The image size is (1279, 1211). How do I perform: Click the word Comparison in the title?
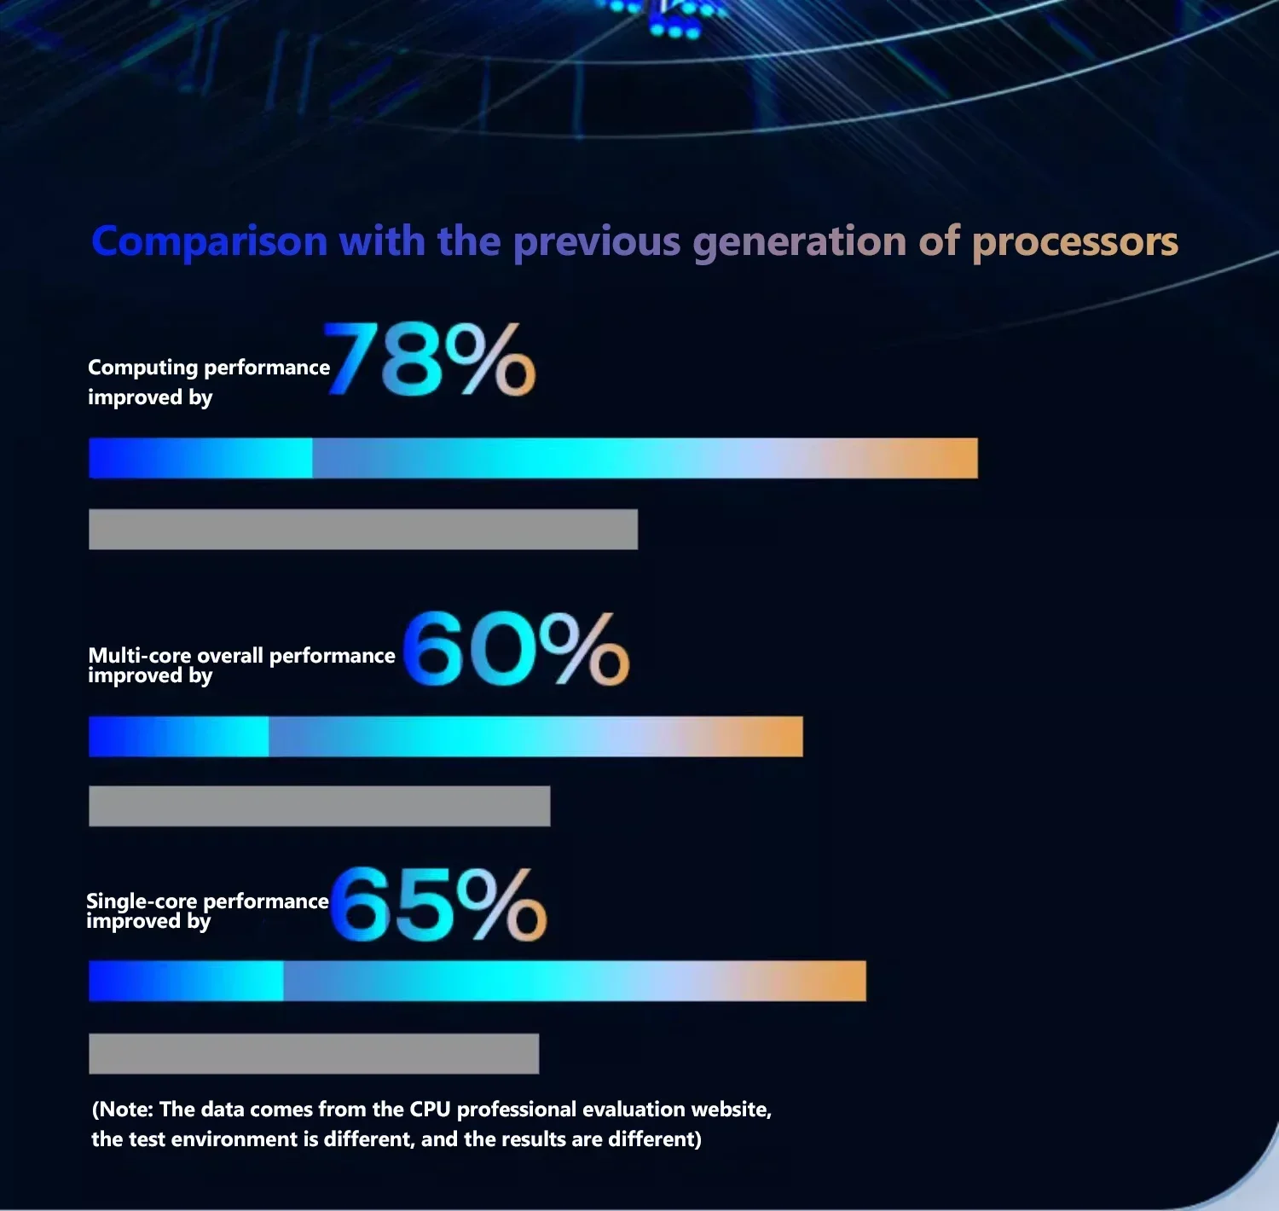tap(209, 242)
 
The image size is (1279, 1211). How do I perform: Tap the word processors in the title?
tap(1074, 242)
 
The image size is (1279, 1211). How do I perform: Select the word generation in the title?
tap(799, 242)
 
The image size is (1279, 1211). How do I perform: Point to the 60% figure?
tap(515, 650)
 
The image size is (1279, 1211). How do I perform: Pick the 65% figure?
tap(437, 906)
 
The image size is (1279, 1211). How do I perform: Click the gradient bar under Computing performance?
tap(533, 458)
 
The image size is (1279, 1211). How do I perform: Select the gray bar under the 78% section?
tap(363, 530)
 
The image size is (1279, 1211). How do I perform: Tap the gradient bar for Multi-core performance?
tap(445, 737)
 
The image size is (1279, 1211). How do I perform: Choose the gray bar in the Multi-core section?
tap(319, 806)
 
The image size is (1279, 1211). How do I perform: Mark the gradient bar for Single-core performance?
tap(477, 981)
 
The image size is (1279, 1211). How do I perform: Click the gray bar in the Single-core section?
tap(313, 1054)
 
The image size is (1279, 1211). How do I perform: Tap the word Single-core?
tap(142, 901)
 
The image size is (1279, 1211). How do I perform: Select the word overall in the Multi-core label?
tap(229, 655)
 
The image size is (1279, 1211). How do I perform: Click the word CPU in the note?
tap(430, 1110)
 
